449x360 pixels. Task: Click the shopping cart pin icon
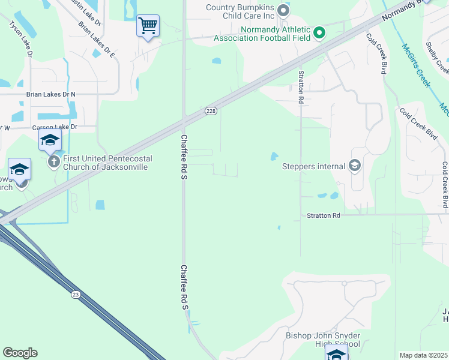click(x=148, y=26)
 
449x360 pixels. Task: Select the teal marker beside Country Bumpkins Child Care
click(x=285, y=10)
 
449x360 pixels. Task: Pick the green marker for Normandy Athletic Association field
click(x=319, y=32)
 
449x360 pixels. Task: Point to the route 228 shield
click(x=210, y=111)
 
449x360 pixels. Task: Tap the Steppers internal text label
click(x=313, y=166)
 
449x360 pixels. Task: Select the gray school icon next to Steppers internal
click(x=355, y=166)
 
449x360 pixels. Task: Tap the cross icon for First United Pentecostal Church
click(x=54, y=161)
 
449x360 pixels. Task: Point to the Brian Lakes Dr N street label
click(x=51, y=94)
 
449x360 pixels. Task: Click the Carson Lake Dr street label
click(x=55, y=127)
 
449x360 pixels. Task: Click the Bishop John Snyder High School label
click(x=323, y=340)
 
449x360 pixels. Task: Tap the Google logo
click(x=20, y=353)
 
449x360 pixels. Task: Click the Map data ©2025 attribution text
click(x=423, y=355)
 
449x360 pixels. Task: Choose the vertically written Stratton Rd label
click(x=300, y=88)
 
